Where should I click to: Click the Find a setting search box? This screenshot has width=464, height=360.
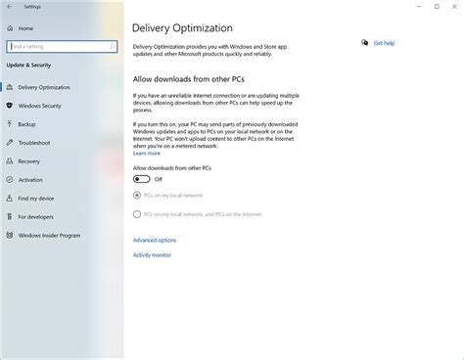(x=61, y=45)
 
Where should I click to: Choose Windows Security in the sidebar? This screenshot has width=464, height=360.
(x=41, y=106)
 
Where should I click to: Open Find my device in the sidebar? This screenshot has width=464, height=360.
(x=36, y=199)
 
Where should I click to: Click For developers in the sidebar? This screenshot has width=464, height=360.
(x=36, y=216)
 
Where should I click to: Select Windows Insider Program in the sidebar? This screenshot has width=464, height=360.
(x=49, y=235)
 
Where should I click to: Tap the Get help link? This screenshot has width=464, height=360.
(x=383, y=43)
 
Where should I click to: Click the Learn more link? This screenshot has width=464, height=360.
(x=147, y=154)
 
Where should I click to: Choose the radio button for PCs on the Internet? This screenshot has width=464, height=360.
(x=136, y=213)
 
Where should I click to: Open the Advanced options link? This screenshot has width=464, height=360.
(x=155, y=240)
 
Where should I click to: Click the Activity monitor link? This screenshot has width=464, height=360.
(x=152, y=255)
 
